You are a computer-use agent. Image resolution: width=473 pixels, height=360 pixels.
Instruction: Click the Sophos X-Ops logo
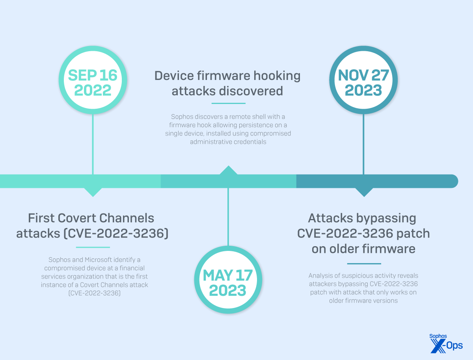(x=446, y=342)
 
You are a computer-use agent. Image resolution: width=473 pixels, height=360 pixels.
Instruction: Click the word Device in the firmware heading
(x=174, y=76)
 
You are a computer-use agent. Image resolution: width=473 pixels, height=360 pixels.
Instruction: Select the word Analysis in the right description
(x=321, y=275)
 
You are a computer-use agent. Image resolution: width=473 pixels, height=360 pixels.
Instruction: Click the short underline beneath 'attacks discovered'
(x=228, y=104)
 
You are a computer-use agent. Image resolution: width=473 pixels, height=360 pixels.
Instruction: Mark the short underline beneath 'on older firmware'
(x=364, y=264)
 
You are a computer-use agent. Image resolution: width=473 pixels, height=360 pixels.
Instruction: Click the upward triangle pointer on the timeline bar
(x=228, y=170)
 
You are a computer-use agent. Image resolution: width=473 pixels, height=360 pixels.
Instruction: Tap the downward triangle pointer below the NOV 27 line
(x=364, y=192)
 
